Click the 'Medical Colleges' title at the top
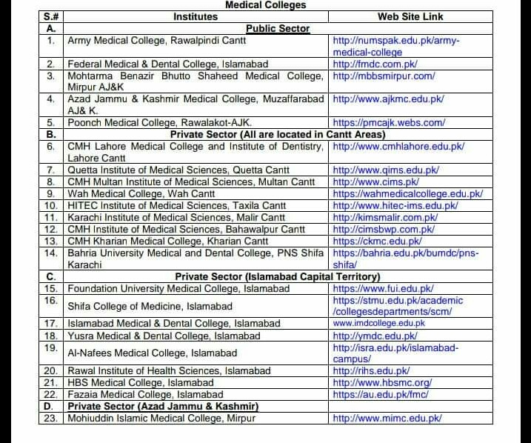point(265,5)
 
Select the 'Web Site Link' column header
point(410,16)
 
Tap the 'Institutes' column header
point(196,16)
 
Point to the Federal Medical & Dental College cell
point(167,64)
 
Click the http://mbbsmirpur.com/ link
point(384,76)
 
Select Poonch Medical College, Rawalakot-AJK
point(159,122)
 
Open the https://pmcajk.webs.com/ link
point(389,122)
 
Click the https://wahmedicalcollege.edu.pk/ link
point(407,193)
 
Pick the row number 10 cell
point(51,205)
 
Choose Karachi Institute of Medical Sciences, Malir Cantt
point(176,217)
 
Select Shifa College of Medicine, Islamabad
point(150,306)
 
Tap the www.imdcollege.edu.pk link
point(379,323)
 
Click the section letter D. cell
point(51,406)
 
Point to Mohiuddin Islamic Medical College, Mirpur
point(161,418)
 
